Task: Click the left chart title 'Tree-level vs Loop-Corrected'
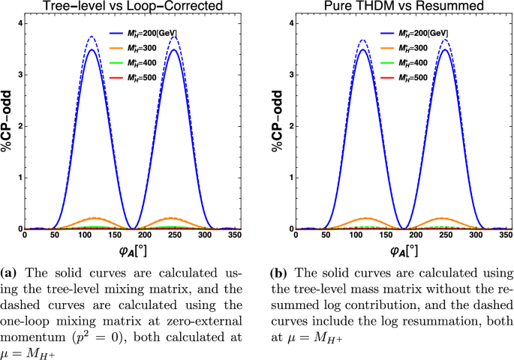pos(135,8)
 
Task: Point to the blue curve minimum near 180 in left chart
pos(135,228)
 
